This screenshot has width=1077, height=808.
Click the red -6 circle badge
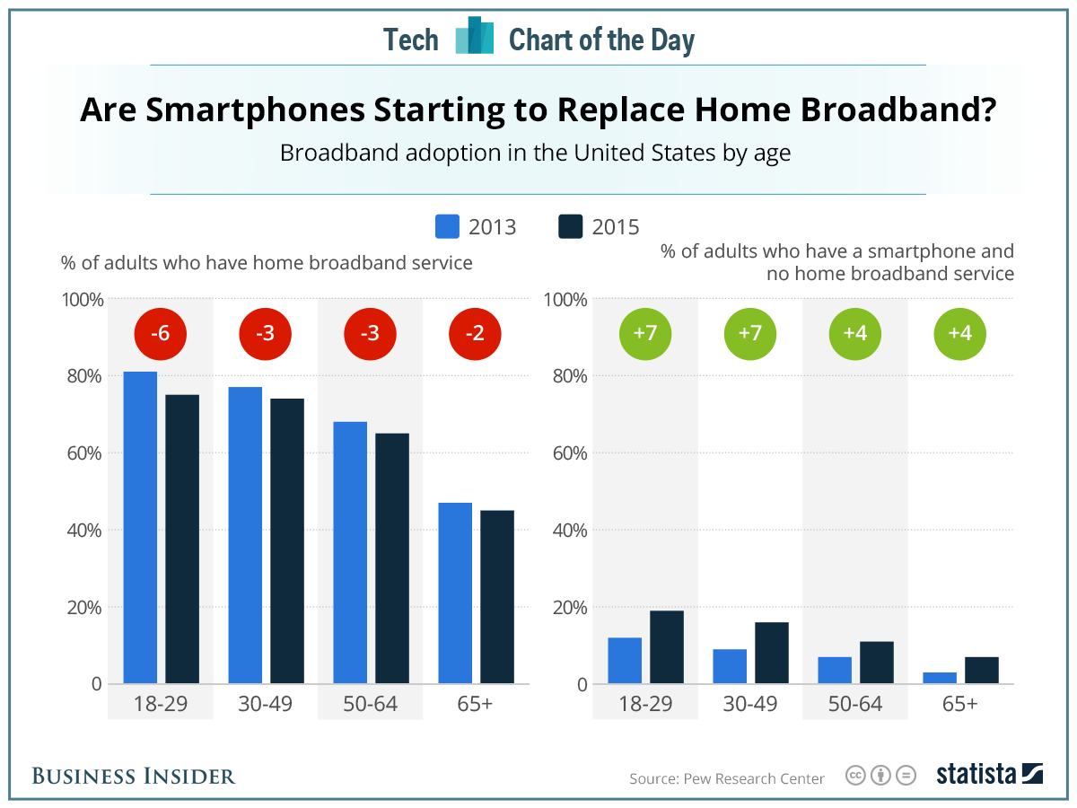pos(160,334)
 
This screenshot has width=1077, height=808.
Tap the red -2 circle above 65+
pos(475,334)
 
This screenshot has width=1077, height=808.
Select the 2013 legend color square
pos(447,226)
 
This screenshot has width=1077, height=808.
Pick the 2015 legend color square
pos(571,226)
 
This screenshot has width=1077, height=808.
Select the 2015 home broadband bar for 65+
pos(497,597)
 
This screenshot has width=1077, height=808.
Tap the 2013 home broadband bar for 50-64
pos(350,552)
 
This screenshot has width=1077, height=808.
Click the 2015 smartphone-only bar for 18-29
pos(667,647)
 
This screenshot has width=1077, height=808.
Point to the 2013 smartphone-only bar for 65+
pos(940,678)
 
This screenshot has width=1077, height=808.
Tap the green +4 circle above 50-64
pos(854,334)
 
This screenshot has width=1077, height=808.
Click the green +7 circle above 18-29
pos(644,334)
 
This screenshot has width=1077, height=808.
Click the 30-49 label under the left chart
pos(266,704)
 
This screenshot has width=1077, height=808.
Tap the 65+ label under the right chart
pos(959,704)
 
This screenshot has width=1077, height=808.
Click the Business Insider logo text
pos(134,776)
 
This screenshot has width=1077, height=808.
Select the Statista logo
pos(989,775)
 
